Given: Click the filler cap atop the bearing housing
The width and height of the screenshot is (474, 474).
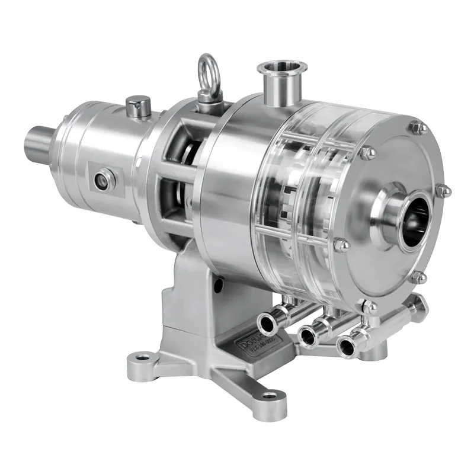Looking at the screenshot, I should [x=137, y=107].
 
